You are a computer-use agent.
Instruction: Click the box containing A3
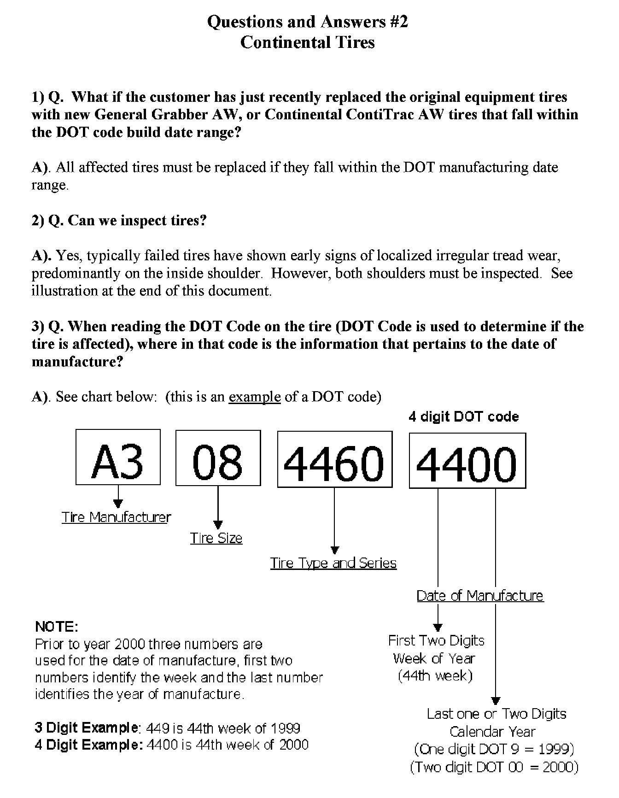click(118, 457)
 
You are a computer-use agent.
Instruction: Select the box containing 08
click(218, 458)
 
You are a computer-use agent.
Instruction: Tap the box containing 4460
click(335, 459)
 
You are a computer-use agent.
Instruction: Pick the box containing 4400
click(467, 460)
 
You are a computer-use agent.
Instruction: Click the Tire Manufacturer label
click(116, 517)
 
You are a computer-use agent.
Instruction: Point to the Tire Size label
click(216, 538)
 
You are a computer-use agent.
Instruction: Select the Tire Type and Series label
click(333, 563)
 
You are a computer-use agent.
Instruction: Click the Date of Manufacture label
click(480, 596)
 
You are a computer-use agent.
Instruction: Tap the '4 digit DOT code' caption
click(464, 417)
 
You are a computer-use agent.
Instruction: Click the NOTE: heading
click(57, 627)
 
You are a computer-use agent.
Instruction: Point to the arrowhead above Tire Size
click(218, 524)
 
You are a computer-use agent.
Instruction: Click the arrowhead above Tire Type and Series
click(335, 550)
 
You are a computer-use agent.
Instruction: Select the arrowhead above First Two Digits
click(438, 627)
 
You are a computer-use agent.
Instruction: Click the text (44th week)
click(435, 676)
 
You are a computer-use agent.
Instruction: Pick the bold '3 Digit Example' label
click(87, 728)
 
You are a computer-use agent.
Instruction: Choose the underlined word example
click(255, 397)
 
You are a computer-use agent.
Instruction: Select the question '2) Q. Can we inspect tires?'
click(119, 221)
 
